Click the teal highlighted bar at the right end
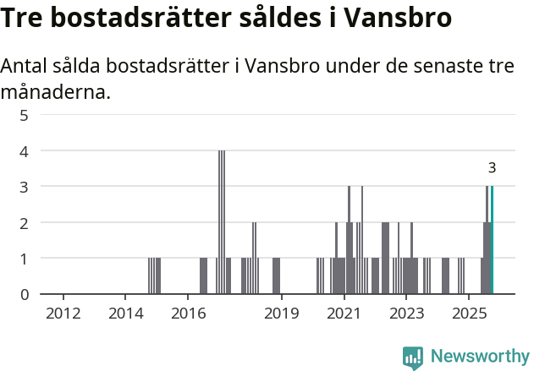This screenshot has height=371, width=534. [x=492, y=241]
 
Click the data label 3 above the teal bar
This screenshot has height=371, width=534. [x=492, y=168]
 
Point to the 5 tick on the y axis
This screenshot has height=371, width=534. [x=24, y=115]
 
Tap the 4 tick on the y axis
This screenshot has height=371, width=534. [x=24, y=151]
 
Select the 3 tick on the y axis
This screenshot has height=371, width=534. [x=24, y=187]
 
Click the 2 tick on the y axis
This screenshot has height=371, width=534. [x=24, y=223]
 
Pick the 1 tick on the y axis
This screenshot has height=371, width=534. [x=24, y=259]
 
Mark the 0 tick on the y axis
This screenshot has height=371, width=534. [x=24, y=295]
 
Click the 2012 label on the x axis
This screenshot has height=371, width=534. [x=63, y=314]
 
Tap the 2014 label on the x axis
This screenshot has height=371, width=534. [x=126, y=314]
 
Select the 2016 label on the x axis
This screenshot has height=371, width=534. [x=188, y=314]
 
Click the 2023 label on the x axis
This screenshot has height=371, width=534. [x=405, y=314]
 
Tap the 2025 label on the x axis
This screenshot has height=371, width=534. [x=468, y=314]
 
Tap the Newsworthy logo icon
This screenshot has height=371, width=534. [x=413, y=357]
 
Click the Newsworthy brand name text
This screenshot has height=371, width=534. [x=479, y=357]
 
